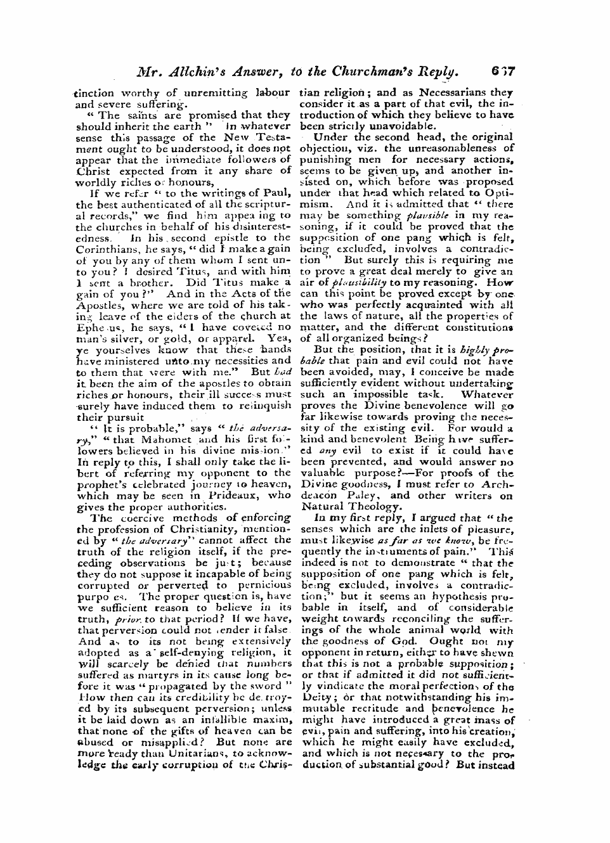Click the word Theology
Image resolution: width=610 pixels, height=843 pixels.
(378, 507)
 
